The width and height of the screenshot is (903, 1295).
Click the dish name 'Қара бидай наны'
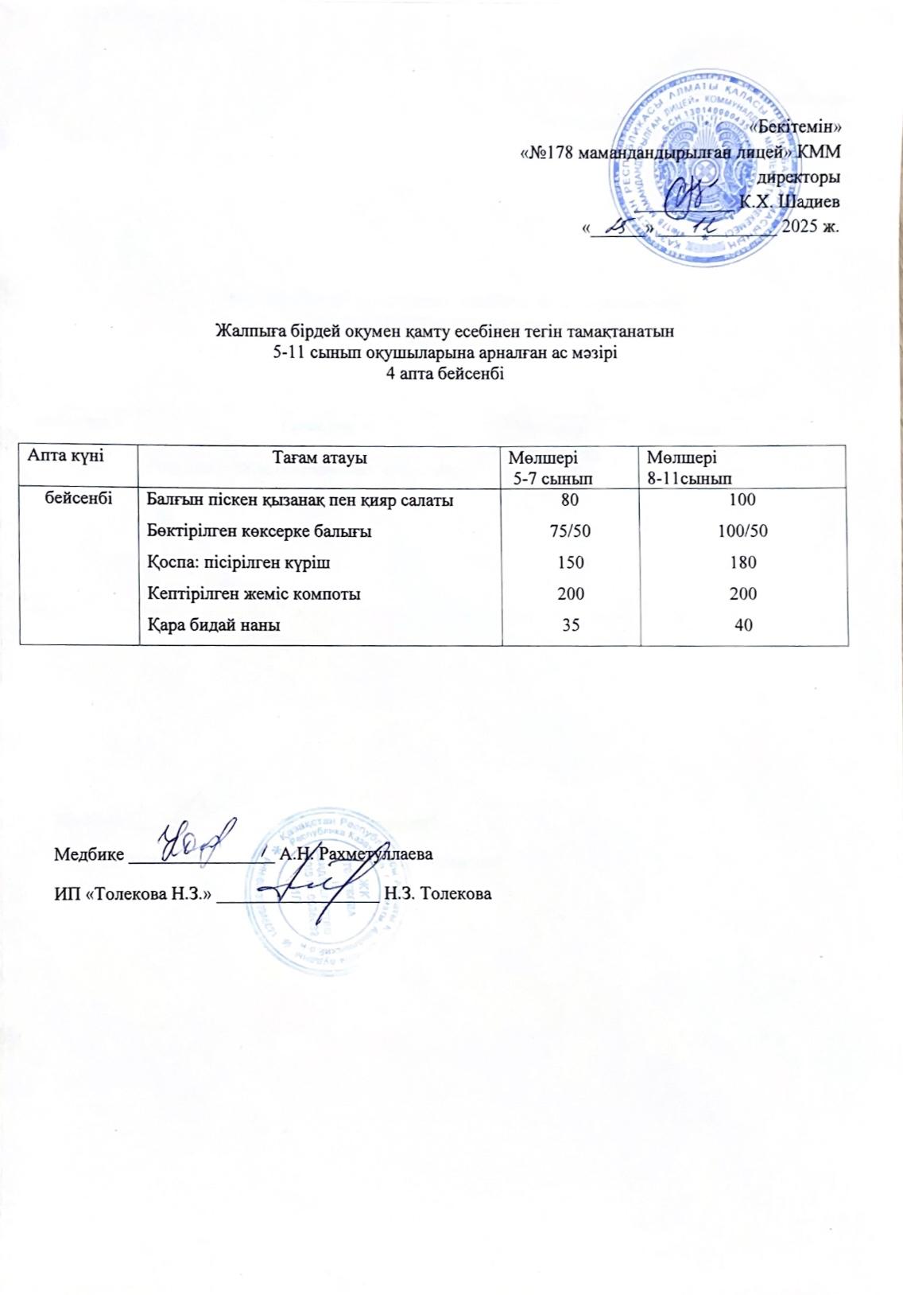(x=214, y=625)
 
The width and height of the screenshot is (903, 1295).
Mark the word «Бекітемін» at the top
(x=796, y=126)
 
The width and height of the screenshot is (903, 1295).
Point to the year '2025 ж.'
(x=811, y=225)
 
